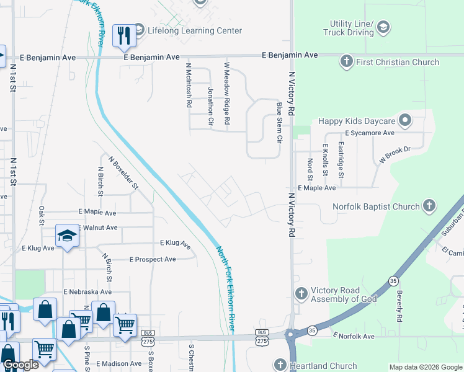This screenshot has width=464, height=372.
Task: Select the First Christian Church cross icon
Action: (346, 61)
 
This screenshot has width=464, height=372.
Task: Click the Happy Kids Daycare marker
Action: (406, 120)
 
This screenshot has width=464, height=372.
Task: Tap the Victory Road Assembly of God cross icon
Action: (301, 293)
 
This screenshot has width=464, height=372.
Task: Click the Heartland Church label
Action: (323, 366)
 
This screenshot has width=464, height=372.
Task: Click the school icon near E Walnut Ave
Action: (67, 236)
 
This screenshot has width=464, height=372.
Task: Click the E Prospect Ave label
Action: (153, 259)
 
